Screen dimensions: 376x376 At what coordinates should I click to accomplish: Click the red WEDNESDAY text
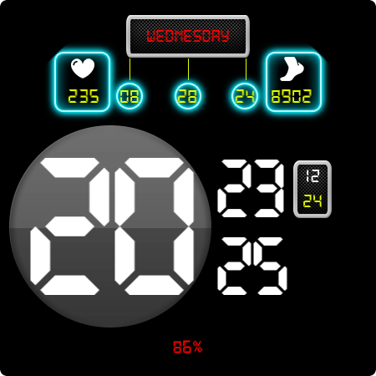[x=188, y=36]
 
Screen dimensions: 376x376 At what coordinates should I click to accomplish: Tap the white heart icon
[x=83, y=69]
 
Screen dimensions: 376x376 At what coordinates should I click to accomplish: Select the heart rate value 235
[x=84, y=96]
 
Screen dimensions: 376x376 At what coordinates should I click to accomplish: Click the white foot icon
[x=292, y=69]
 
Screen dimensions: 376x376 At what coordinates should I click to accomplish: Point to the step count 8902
[x=292, y=96]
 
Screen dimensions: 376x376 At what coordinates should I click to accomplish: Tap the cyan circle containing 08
[x=130, y=96]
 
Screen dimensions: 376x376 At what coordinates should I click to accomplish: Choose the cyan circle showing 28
[x=188, y=96]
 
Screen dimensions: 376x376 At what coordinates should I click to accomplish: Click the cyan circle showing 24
[x=245, y=96]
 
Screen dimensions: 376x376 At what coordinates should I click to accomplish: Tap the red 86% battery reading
[x=188, y=347]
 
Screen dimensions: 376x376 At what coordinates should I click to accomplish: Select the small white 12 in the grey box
[x=312, y=176]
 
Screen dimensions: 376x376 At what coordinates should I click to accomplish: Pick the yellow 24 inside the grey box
[x=312, y=201]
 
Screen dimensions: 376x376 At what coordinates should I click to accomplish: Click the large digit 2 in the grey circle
[x=69, y=226]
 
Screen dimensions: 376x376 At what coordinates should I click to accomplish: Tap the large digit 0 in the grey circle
[x=155, y=226]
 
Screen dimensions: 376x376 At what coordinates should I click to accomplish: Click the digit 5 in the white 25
[x=270, y=266]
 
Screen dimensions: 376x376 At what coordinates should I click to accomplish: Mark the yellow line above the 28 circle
[x=188, y=69]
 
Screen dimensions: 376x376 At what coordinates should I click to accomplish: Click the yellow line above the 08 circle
[x=130, y=69]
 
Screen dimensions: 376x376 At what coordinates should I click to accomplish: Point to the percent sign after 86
[x=198, y=347]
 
